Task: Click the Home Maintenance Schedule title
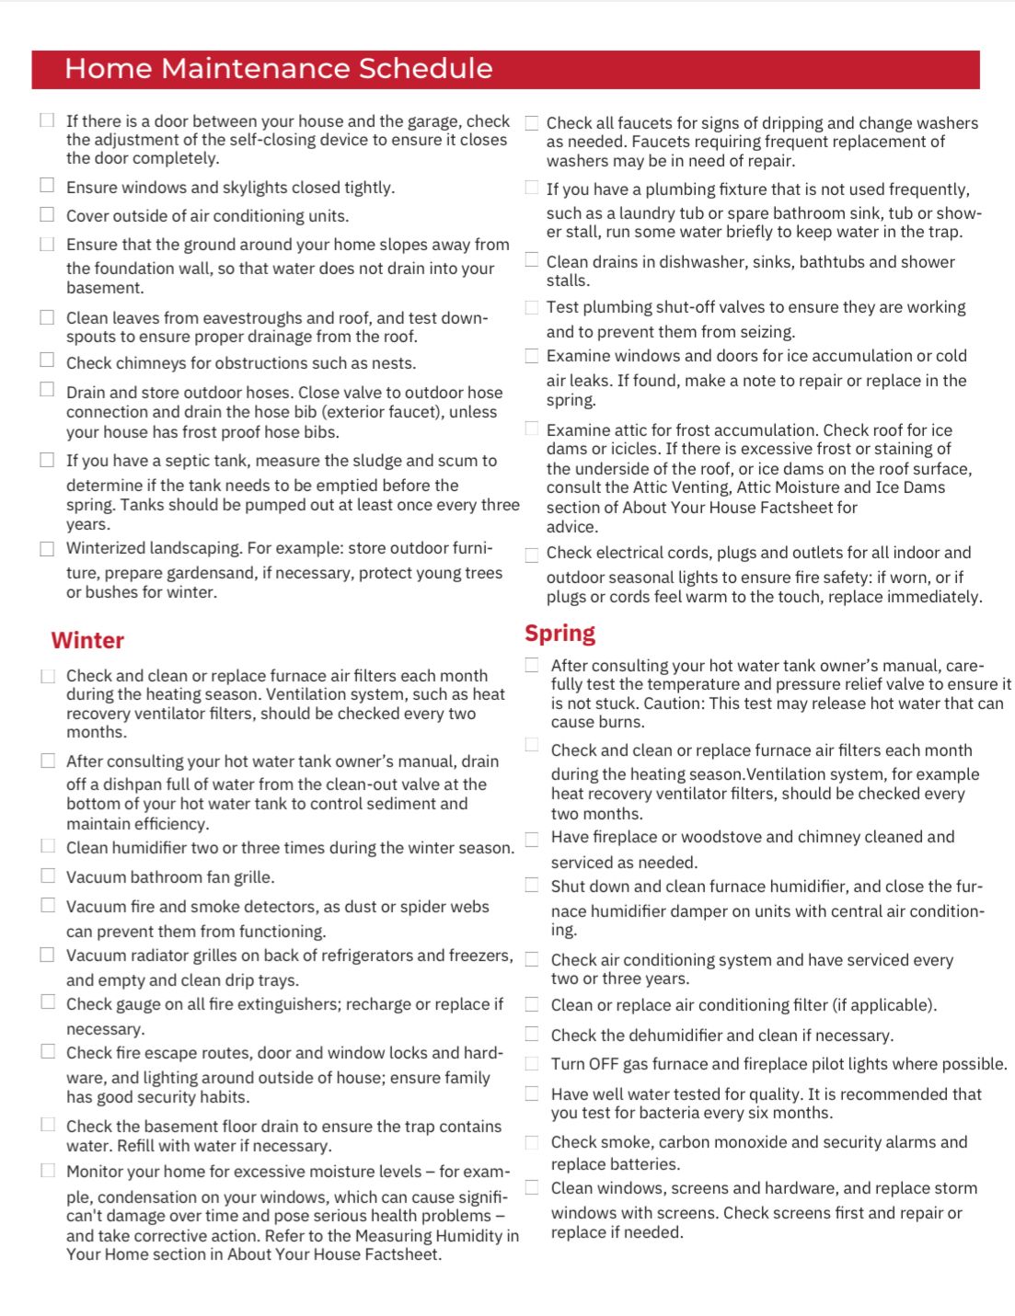[278, 69]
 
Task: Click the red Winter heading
[87, 640]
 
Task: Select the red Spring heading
[559, 633]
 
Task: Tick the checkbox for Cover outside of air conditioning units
[47, 214]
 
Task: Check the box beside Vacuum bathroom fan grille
[48, 875]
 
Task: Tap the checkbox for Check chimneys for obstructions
[47, 360]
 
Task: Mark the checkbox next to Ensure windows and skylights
[47, 185]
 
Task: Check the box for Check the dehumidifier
[532, 1034]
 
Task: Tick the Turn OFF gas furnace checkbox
[532, 1063]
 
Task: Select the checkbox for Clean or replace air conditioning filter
[532, 1004]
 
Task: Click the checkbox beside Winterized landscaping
[47, 548]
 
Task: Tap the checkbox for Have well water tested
[532, 1093]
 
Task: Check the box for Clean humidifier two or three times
[48, 846]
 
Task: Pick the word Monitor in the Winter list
[97, 1172]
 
